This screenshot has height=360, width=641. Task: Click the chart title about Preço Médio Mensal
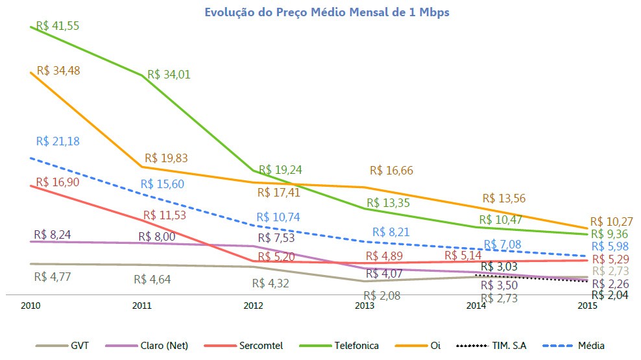coord(326,12)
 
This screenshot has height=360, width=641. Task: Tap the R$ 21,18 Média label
coord(58,141)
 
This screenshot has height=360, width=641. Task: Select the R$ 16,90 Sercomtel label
coord(58,182)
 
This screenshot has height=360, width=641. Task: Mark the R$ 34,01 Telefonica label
coord(169,75)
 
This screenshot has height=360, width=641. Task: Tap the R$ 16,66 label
coord(391,171)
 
